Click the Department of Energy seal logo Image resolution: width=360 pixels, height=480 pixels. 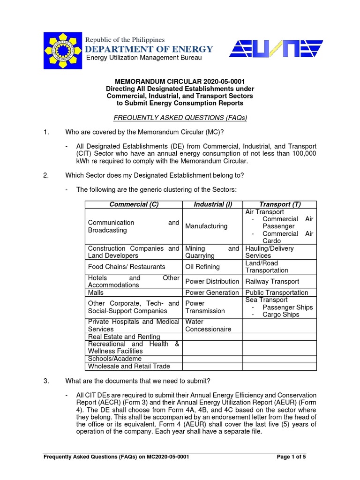pyautogui.click(x=62, y=50)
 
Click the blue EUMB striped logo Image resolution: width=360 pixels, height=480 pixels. pyautogui.click(x=275, y=48)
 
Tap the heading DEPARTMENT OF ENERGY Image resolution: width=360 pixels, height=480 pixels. pyautogui.click(x=149, y=49)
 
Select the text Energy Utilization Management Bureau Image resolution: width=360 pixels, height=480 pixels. pyautogui.click(x=144, y=58)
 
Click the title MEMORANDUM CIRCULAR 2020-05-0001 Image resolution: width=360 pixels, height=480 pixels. pyautogui.click(x=180, y=81)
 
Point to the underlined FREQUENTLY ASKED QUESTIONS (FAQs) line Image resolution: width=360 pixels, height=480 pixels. pyautogui.click(x=180, y=118)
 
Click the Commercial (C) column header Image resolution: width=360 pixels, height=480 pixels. pyautogui.click(x=133, y=204)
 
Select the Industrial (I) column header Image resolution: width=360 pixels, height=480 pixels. pyautogui.click(x=212, y=204)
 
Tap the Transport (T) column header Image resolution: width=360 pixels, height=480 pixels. pyautogui.click(x=280, y=204)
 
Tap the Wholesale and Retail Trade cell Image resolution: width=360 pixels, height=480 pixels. pyautogui.click(x=129, y=366)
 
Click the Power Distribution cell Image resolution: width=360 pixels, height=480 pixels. pyautogui.click(x=212, y=282)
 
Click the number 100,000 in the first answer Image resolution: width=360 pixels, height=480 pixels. pyautogui.click(x=300, y=154)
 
